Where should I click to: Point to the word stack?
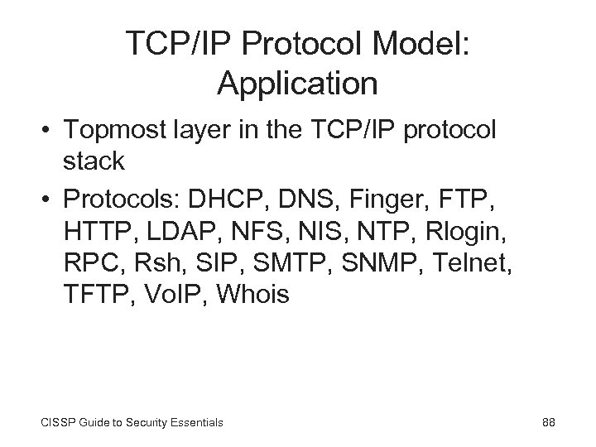[94, 161]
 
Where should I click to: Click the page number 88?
[547, 423]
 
